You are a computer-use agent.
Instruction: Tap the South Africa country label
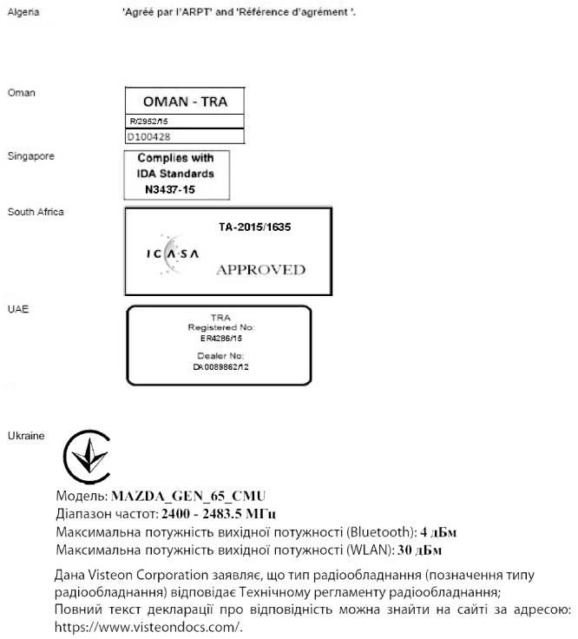pos(35,212)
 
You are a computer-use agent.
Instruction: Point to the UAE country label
pos(16,308)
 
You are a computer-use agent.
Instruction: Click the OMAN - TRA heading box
pos(184,102)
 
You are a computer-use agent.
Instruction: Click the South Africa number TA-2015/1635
pos(253,227)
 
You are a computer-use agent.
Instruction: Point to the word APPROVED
pos(260,270)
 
